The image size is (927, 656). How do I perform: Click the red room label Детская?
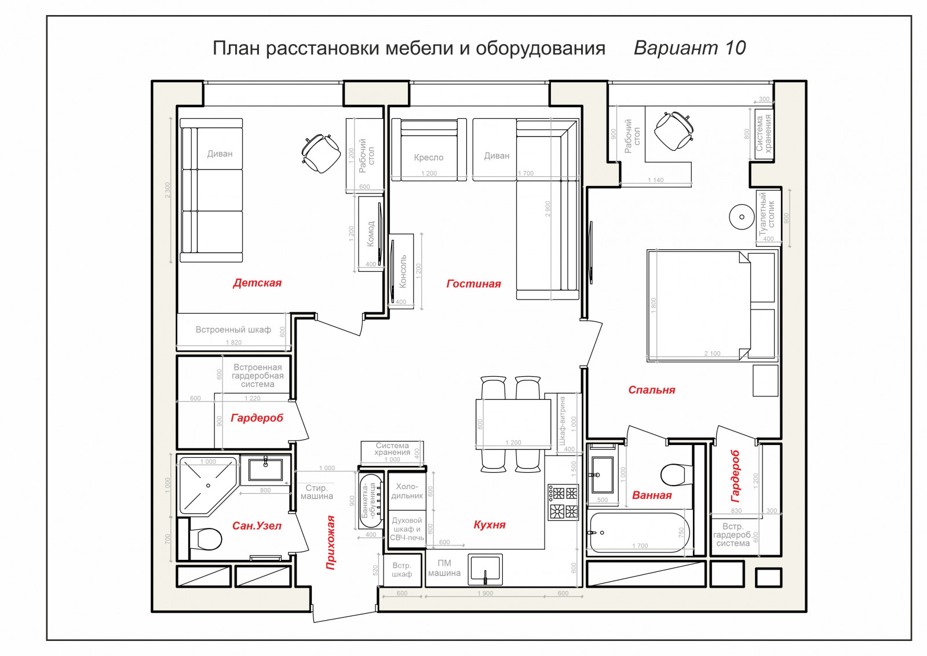click(257, 283)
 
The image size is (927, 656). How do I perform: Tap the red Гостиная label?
click(473, 284)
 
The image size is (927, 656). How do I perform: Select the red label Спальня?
click(651, 390)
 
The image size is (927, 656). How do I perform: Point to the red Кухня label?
click(490, 525)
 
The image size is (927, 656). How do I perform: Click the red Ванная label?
click(652, 495)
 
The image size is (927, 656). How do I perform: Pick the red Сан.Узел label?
click(257, 526)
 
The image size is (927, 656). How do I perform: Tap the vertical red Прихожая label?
click(330, 542)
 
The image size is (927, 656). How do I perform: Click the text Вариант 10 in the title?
click(689, 48)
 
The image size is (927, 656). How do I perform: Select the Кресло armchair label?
click(428, 158)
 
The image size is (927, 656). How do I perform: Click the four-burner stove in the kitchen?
click(563, 502)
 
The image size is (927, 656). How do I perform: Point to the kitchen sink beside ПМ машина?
click(485, 569)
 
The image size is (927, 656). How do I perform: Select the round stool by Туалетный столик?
click(742, 217)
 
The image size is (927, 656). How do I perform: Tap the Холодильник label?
click(407, 491)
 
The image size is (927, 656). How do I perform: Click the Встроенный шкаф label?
click(233, 330)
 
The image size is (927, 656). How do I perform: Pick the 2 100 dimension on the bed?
click(712, 353)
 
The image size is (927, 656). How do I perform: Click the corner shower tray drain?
click(208, 486)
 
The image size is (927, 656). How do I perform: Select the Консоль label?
click(403, 271)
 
